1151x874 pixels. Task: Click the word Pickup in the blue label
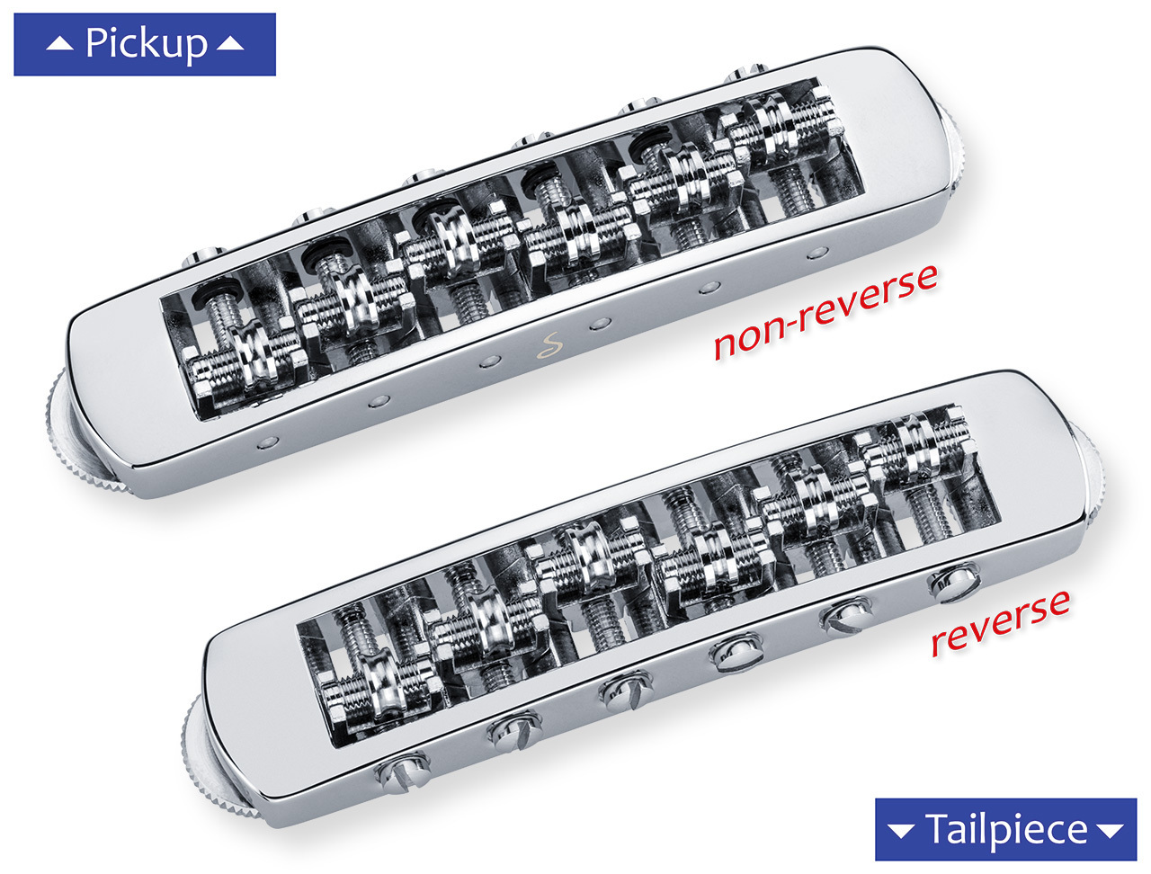click(146, 43)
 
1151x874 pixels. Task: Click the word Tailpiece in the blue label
click(1006, 829)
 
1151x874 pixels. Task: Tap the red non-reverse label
click(825, 311)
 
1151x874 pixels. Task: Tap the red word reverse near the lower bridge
click(1000, 623)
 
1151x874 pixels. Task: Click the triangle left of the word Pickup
click(59, 43)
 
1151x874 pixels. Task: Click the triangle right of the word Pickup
click(230, 43)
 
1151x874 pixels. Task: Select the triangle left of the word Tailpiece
click(901, 830)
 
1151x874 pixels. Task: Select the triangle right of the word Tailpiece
click(1111, 830)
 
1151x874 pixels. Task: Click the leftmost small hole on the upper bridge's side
click(267, 442)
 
